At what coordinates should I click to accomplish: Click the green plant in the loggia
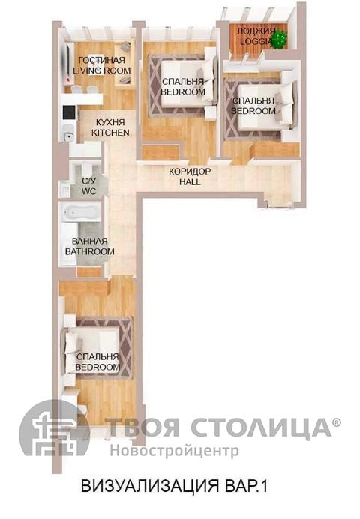280,40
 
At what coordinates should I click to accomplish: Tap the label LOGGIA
256,42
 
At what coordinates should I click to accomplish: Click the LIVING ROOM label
101,70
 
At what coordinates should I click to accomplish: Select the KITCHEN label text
110,133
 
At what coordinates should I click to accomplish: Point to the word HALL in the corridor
190,181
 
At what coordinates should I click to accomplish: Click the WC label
88,191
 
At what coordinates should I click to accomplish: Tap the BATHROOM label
90,251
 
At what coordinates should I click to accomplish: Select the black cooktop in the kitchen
69,112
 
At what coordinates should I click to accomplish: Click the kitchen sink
68,136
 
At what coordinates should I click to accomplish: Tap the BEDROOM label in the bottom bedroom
97,367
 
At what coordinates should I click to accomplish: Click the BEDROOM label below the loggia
253,110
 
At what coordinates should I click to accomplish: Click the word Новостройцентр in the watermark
174,451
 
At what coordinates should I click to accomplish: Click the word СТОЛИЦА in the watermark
260,427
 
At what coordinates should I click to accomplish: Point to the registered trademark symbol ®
336,421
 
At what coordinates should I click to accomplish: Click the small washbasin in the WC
64,189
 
